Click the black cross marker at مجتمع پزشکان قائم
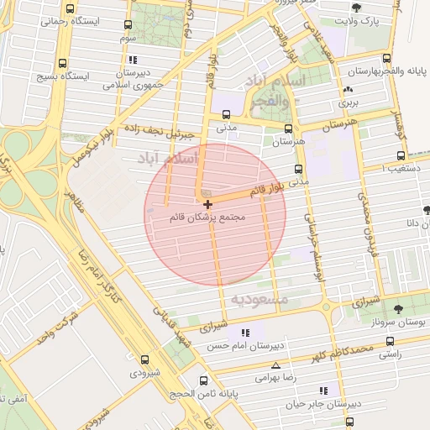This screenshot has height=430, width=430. (207, 204)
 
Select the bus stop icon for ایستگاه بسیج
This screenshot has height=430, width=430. (64, 64)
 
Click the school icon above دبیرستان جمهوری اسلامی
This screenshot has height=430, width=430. (134, 60)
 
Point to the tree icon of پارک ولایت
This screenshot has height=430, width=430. (356, 8)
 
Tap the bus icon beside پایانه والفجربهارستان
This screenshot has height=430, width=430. (385, 58)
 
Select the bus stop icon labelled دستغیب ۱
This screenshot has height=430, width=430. (401, 156)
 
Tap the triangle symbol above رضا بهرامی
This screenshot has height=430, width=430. (276, 365)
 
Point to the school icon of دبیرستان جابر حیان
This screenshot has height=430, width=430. (323, 391)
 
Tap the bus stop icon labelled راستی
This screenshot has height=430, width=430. (388, 342)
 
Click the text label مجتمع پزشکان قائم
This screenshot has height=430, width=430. (207, 218)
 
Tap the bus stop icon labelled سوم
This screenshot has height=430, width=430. (128, 25)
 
